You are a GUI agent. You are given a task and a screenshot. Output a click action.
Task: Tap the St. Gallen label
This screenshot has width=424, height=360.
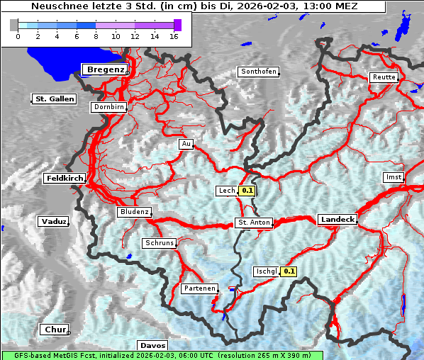tap(55, 99)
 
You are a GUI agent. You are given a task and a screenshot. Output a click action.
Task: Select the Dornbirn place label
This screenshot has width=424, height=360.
tap(109, 107)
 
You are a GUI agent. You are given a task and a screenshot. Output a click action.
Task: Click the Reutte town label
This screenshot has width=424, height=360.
tap(384, 77)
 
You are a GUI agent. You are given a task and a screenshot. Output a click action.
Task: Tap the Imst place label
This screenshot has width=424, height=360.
tap(393, 176)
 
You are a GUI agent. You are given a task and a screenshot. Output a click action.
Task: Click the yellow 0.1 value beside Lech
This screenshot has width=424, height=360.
tap(247, 191)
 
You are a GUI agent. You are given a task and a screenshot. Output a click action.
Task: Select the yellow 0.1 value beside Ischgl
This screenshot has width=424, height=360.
tap(289, 271)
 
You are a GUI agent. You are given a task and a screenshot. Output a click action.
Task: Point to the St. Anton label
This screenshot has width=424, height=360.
tap(254, 223)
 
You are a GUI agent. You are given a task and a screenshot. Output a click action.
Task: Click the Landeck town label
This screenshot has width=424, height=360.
tap(337, 220)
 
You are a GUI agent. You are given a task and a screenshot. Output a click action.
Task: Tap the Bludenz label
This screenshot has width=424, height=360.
tap(134, 212)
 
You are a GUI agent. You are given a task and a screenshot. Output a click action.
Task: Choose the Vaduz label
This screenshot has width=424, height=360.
tap(54, 222)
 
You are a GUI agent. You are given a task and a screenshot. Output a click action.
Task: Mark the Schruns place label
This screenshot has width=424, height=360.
tap(159, 243)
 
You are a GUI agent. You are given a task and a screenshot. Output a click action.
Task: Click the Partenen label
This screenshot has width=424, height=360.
tap(199, 288)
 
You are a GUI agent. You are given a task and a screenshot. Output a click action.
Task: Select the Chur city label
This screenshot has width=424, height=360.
tap(55, 330)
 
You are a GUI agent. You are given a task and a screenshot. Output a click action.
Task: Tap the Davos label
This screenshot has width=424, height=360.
tap(152, 346)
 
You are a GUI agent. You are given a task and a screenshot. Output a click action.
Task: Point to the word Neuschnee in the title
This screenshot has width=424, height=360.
tap(59, 6)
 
